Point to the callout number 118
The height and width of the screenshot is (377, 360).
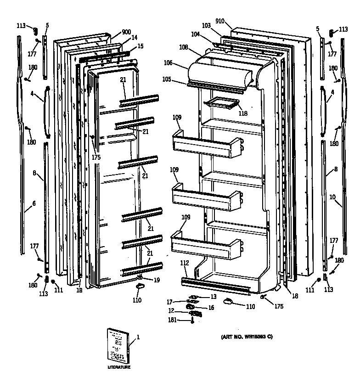click(243, 113)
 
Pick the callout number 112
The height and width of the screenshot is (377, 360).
click(184, 263)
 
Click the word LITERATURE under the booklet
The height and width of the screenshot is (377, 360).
click(119, 367)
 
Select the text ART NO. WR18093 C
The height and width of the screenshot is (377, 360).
click(247, 337)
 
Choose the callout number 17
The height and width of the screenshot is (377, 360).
click(169, 302)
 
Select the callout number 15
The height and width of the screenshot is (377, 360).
click(141, 46)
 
